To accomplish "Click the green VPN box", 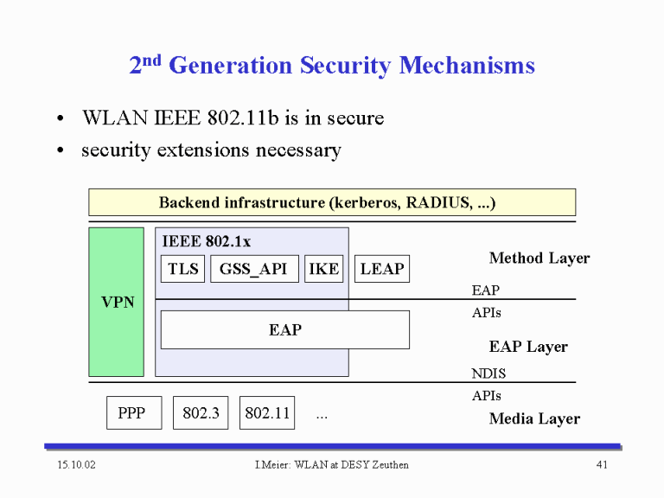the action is (117, 302).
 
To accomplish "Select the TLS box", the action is (183, 269).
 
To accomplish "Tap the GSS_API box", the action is (254, 269).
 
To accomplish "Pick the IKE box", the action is (324, 269).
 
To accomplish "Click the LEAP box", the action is (382, 269).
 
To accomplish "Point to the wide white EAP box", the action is (285, 330).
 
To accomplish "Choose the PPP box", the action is (134, 413).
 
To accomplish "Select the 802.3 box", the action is (201, 413).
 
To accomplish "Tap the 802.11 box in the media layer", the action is (267, 413).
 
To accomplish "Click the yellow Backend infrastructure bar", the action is (332, 202).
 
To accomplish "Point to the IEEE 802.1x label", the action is (207, 241).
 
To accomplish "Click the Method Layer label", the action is (539, 259).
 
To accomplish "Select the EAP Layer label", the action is (528, 347).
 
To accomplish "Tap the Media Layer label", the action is (534, 418).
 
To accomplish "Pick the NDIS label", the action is (488, 373).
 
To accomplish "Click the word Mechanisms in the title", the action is (467, 66).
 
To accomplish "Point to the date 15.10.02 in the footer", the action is (77, 464).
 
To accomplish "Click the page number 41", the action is (602, 464).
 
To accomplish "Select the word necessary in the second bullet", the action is (298, 150).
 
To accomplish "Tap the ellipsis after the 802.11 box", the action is (322, 417).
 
